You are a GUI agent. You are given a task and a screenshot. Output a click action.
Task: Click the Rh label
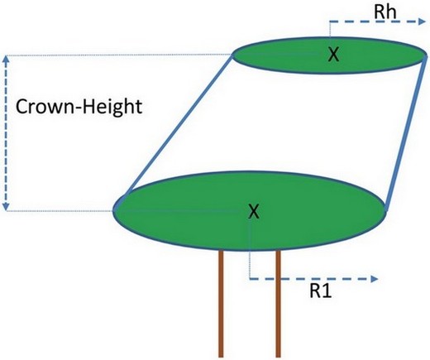pos(385,12)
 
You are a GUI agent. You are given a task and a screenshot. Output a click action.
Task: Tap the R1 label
pos(321,290)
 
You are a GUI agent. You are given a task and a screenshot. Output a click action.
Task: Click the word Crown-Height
pos(79,107)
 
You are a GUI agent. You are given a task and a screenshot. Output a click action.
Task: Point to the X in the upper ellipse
pos(333,54)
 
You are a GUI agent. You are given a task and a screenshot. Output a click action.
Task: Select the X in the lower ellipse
pos(254,211)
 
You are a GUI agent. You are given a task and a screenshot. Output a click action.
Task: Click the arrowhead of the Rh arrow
pos(422,22)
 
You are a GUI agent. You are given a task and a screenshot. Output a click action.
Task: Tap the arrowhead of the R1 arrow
pos(375,279)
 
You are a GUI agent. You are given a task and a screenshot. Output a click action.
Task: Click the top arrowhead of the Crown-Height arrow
pos(6,59)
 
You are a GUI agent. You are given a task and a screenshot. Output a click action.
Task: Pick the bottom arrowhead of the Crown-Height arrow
pos(6,207)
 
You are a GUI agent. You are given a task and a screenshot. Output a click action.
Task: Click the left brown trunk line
pos(221,304)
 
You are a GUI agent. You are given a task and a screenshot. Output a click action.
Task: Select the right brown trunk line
pos(278,304)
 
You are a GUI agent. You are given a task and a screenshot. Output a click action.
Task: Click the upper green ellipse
pos(329,55)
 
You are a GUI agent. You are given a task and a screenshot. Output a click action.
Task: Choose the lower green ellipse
pos(249,211)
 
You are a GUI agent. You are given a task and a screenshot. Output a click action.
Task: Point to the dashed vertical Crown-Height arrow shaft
pos(6,133)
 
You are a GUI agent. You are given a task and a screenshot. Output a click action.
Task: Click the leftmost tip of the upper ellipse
pos(232,55)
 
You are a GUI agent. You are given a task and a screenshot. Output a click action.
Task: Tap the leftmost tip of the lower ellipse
pos(112,211)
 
